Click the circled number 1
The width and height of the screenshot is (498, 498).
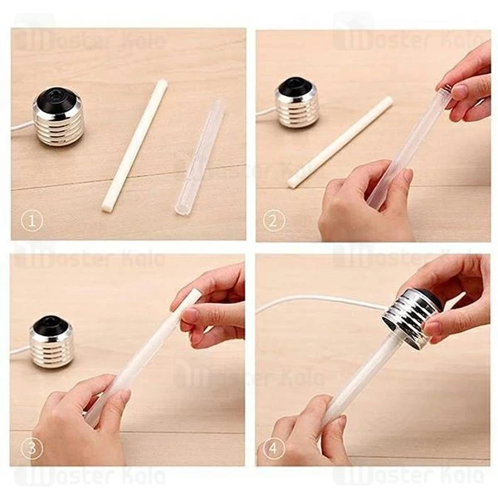pyautogui.click(x=31, y=222)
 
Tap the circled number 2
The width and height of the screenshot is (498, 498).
pyautogui.click(x=275, y=221)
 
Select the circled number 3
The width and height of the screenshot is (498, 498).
pyautogui.click(x=31, y=448)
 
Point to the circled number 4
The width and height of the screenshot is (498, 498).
pyautogui.click(x=275, y=448)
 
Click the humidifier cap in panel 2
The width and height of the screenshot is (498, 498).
pyautogui.click(x=297, y=103)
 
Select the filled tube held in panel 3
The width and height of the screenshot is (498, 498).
pyautogui.click(x=141, y=357)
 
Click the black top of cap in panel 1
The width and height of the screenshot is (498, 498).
pyautogui.click(x=56, y=97)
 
